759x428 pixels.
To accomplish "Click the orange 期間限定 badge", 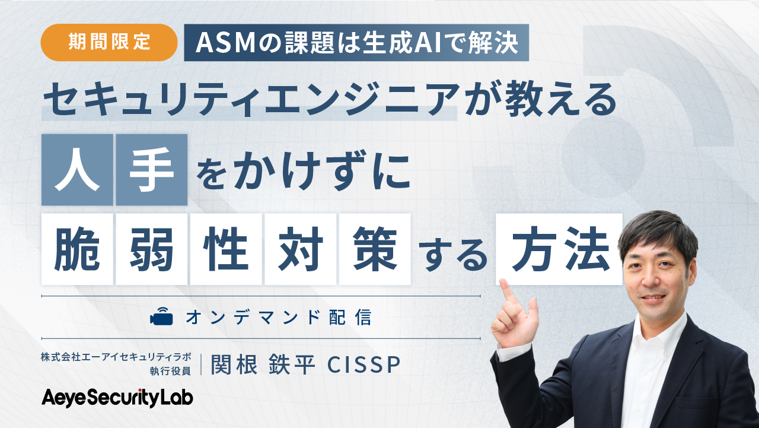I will (109, 43).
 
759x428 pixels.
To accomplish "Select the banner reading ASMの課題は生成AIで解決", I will (356, 43).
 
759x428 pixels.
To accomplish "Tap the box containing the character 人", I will (77, 170).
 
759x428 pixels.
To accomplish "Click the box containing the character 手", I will (152, 170).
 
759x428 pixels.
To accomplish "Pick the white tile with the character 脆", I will (77, 249).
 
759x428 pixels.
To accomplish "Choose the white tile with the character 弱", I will (152, 249).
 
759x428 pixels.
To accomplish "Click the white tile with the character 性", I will (226, 249).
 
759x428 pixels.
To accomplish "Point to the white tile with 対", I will (300, 249).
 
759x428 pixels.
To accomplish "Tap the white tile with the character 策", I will (375, 249).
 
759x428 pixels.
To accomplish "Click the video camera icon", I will (161, 318).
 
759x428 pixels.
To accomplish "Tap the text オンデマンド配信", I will (279, 318).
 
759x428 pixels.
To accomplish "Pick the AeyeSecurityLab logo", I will (117, 398).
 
